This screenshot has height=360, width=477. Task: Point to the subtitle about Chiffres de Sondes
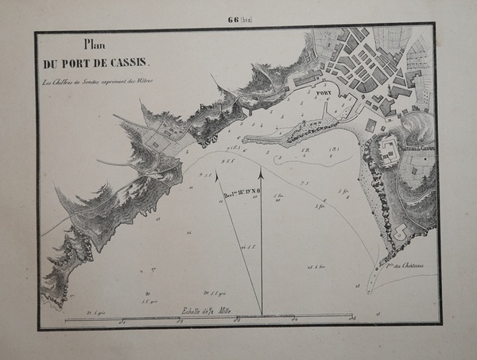99,81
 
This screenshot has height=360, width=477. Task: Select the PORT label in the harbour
324,92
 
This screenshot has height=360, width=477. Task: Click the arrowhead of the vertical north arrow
261,172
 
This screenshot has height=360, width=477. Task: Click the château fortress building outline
389,150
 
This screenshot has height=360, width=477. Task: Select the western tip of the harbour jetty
243,140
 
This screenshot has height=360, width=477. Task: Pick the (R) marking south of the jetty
334,148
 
